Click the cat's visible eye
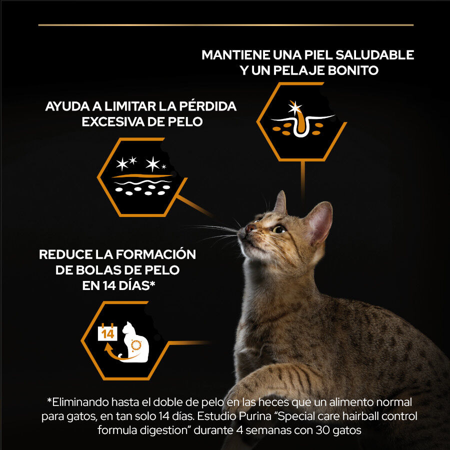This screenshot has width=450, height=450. pos(278,229)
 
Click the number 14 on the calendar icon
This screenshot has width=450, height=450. pos(107,333)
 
